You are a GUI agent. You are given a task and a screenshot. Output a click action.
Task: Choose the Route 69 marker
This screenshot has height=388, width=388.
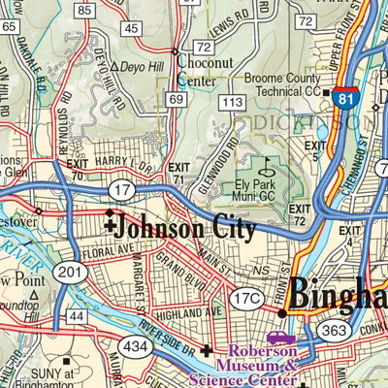coord(176,99)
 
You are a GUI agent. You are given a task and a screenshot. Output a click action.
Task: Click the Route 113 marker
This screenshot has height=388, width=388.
coord(231,101)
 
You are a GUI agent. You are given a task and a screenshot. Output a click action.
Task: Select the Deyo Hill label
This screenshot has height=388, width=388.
coord(136,67)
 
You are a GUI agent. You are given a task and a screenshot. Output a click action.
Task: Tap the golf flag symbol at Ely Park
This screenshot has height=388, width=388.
coord(265,165)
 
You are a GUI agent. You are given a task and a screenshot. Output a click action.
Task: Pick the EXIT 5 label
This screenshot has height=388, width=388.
coord(315,149)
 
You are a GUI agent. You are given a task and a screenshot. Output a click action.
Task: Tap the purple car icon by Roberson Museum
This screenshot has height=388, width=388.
coord(281,339)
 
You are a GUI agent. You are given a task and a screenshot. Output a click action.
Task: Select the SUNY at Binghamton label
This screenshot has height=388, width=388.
coord(68,378)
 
